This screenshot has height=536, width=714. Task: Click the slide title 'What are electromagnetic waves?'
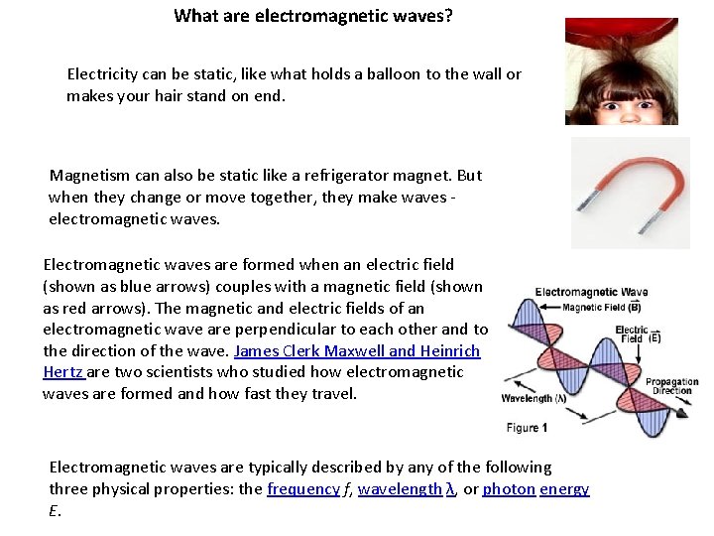tap(312, 16)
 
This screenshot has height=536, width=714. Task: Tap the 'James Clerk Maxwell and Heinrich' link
tap(357, 351)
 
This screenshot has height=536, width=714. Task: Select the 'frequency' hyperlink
tap(303, 489)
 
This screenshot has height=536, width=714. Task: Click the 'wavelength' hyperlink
tap(400, 489)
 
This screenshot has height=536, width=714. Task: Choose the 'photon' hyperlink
tap(509, 489)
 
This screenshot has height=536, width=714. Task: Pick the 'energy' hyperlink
tap(564, 489)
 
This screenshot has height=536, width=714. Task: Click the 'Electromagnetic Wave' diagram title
tap(591, 292)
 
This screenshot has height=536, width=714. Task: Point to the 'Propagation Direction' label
tap(671, 386)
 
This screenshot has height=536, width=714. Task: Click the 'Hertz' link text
tap(63, 372)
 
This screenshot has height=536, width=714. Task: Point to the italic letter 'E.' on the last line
tap(54, 510)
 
